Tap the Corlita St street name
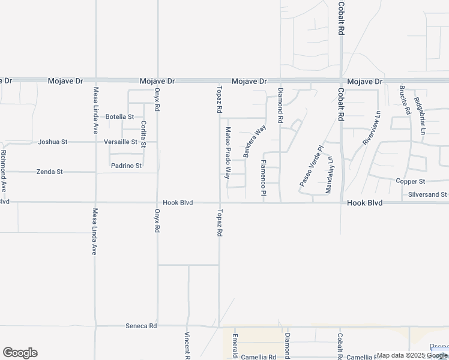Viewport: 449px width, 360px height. tap(143, 133)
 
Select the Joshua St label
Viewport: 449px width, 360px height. tap(53, 142)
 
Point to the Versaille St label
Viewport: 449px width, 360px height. tap(121, 142)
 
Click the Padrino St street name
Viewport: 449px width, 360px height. tap(126, 166)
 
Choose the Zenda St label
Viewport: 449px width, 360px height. tap(50, 172)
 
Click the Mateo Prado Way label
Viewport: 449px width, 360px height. tap(228, 153)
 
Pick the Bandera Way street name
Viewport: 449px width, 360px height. tap(255, 142)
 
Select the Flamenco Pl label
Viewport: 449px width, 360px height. tap(264, 178)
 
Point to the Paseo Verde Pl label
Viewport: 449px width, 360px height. tap(312, 165)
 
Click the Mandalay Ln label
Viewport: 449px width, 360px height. tap(329, 175)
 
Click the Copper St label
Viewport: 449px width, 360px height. tap(411, 181)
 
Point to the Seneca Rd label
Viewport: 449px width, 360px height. tap(141, 326)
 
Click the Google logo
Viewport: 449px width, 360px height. tap(20, 353)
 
